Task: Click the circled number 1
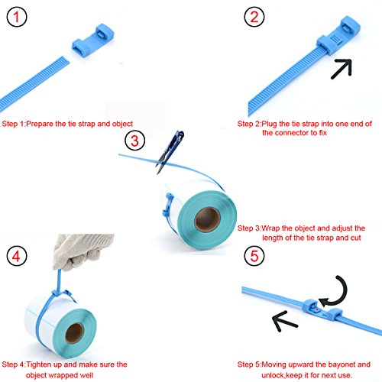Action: [x=17, y=17]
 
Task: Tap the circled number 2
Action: [x=254, y=17]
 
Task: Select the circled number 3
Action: [x=134, y=141]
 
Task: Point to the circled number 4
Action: [x=17, y=256]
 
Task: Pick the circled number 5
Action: [x=254, y=256]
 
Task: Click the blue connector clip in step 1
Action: [x=92, y=40]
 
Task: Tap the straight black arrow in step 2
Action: [x=342, y=69]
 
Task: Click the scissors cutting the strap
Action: [x=170, y=152]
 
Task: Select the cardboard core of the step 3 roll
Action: [x=207, y=219]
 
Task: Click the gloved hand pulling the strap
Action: [x=83, y=252]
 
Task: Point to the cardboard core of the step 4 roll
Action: [x=74, y=333]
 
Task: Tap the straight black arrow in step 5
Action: [x=284, y=321]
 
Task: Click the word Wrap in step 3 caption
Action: [x=271, y=228]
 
